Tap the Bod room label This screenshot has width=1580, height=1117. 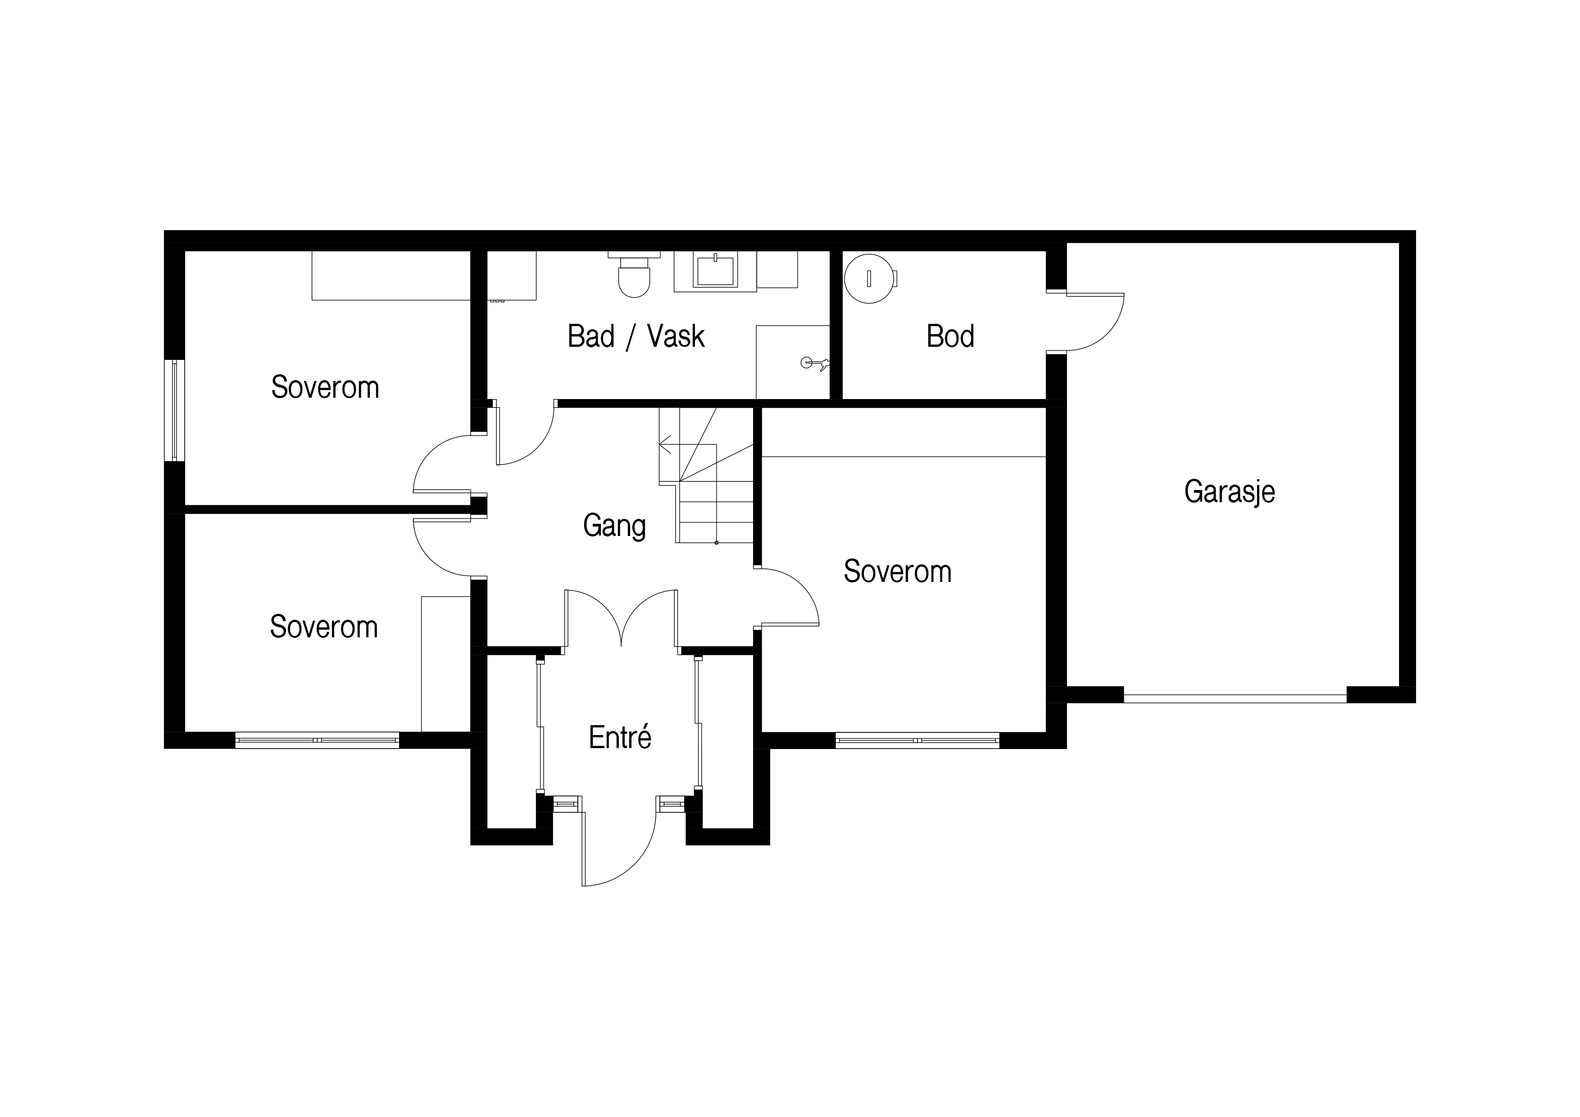[950, 336]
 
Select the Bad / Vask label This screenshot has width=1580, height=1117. [636, 336]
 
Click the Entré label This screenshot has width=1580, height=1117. [620, 737]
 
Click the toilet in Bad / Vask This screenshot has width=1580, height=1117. [634, 275]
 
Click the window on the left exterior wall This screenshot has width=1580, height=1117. [174, 410]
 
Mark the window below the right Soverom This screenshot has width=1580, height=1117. [917, 740]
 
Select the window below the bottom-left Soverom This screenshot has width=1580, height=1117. [317, 740]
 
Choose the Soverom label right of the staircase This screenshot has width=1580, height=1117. [897, 572]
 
